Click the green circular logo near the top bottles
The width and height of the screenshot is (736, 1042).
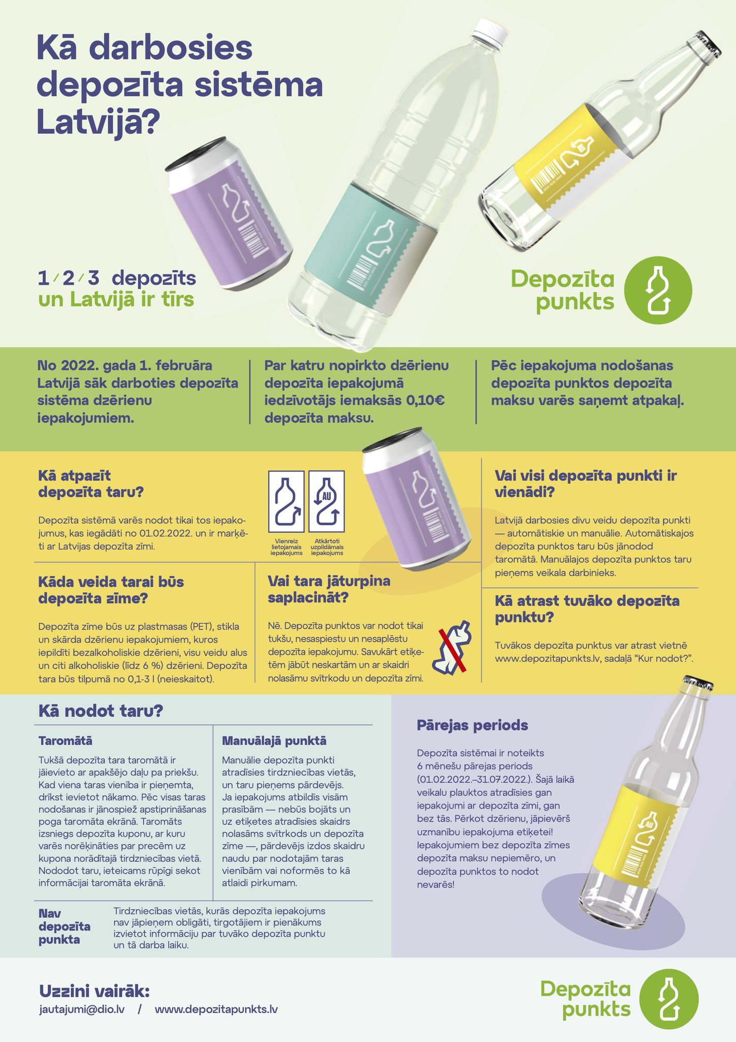pyautogui.click(x=658, y=291)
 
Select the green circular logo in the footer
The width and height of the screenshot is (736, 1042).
pyautogui.click(x=668, y=999)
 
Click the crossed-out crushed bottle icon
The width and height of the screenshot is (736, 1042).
pyautogui.click(x=452, y=647)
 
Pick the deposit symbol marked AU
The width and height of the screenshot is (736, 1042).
pyautogui.click(x=326, y=501)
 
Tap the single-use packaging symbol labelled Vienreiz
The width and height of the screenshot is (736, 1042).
pyautogui.click(x=286, y=501)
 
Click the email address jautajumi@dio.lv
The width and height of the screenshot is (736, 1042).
pyautogui.click(x=82, y=1009)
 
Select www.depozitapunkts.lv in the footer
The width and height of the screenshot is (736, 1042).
pyautogui.click(x=216, y=1009)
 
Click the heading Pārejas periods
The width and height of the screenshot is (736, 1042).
pyautogui.click(x=472, y=725)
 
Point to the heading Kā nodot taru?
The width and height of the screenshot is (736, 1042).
pyautogui.click(x=101, y=711)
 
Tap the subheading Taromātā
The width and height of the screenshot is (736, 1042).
pyautogui.click(x=66, y=740)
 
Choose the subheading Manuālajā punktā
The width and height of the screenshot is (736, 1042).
pyautogui.click(x=274, y=741)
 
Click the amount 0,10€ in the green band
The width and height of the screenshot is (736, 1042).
pyautogui.click(x=425, y=400)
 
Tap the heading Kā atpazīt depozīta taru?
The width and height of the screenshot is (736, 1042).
pyautogui.click(x=91, y=484)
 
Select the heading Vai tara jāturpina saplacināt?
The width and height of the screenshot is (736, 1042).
pyautogui.click(x=329, y=589)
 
